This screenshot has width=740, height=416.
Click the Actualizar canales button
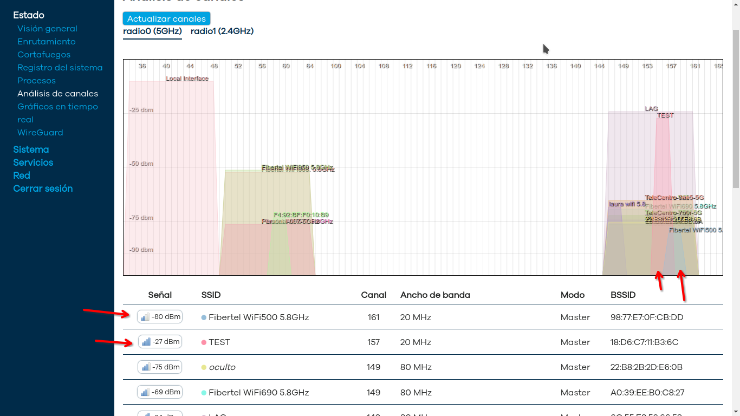(x=166, y=18)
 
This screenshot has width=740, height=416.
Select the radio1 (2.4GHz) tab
(x=222, y=31)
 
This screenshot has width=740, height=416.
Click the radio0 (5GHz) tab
(x=152, y=31)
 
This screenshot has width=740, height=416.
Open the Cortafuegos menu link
(x=44, y=55)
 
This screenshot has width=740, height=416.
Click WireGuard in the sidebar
(x=40, y=133)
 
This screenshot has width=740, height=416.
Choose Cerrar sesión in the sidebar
(x=43, y=188)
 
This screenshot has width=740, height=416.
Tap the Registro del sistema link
(x=60, y=68)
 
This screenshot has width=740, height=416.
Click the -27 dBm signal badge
(x=160, y=342)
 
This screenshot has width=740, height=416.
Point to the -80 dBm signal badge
(x=160, y=317)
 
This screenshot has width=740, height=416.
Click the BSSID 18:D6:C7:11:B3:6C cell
(x=644, y=342)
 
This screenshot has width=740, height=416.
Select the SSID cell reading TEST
(x=219, y=342)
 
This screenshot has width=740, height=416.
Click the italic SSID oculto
(x=222, y=367)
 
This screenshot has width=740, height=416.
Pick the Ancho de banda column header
(x=435, y=295)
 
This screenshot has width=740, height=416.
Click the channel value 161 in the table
(x=373, y=317)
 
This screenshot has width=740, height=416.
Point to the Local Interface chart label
(x=187, y=79)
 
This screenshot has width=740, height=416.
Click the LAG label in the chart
(x=651, y=109)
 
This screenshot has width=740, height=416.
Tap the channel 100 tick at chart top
(x=336, y=66)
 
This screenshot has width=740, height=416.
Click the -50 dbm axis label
(x=141, y=164)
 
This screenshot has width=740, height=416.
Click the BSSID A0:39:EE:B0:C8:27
(x=647, y=392)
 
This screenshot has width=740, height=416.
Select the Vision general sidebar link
(x=47, y=29)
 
